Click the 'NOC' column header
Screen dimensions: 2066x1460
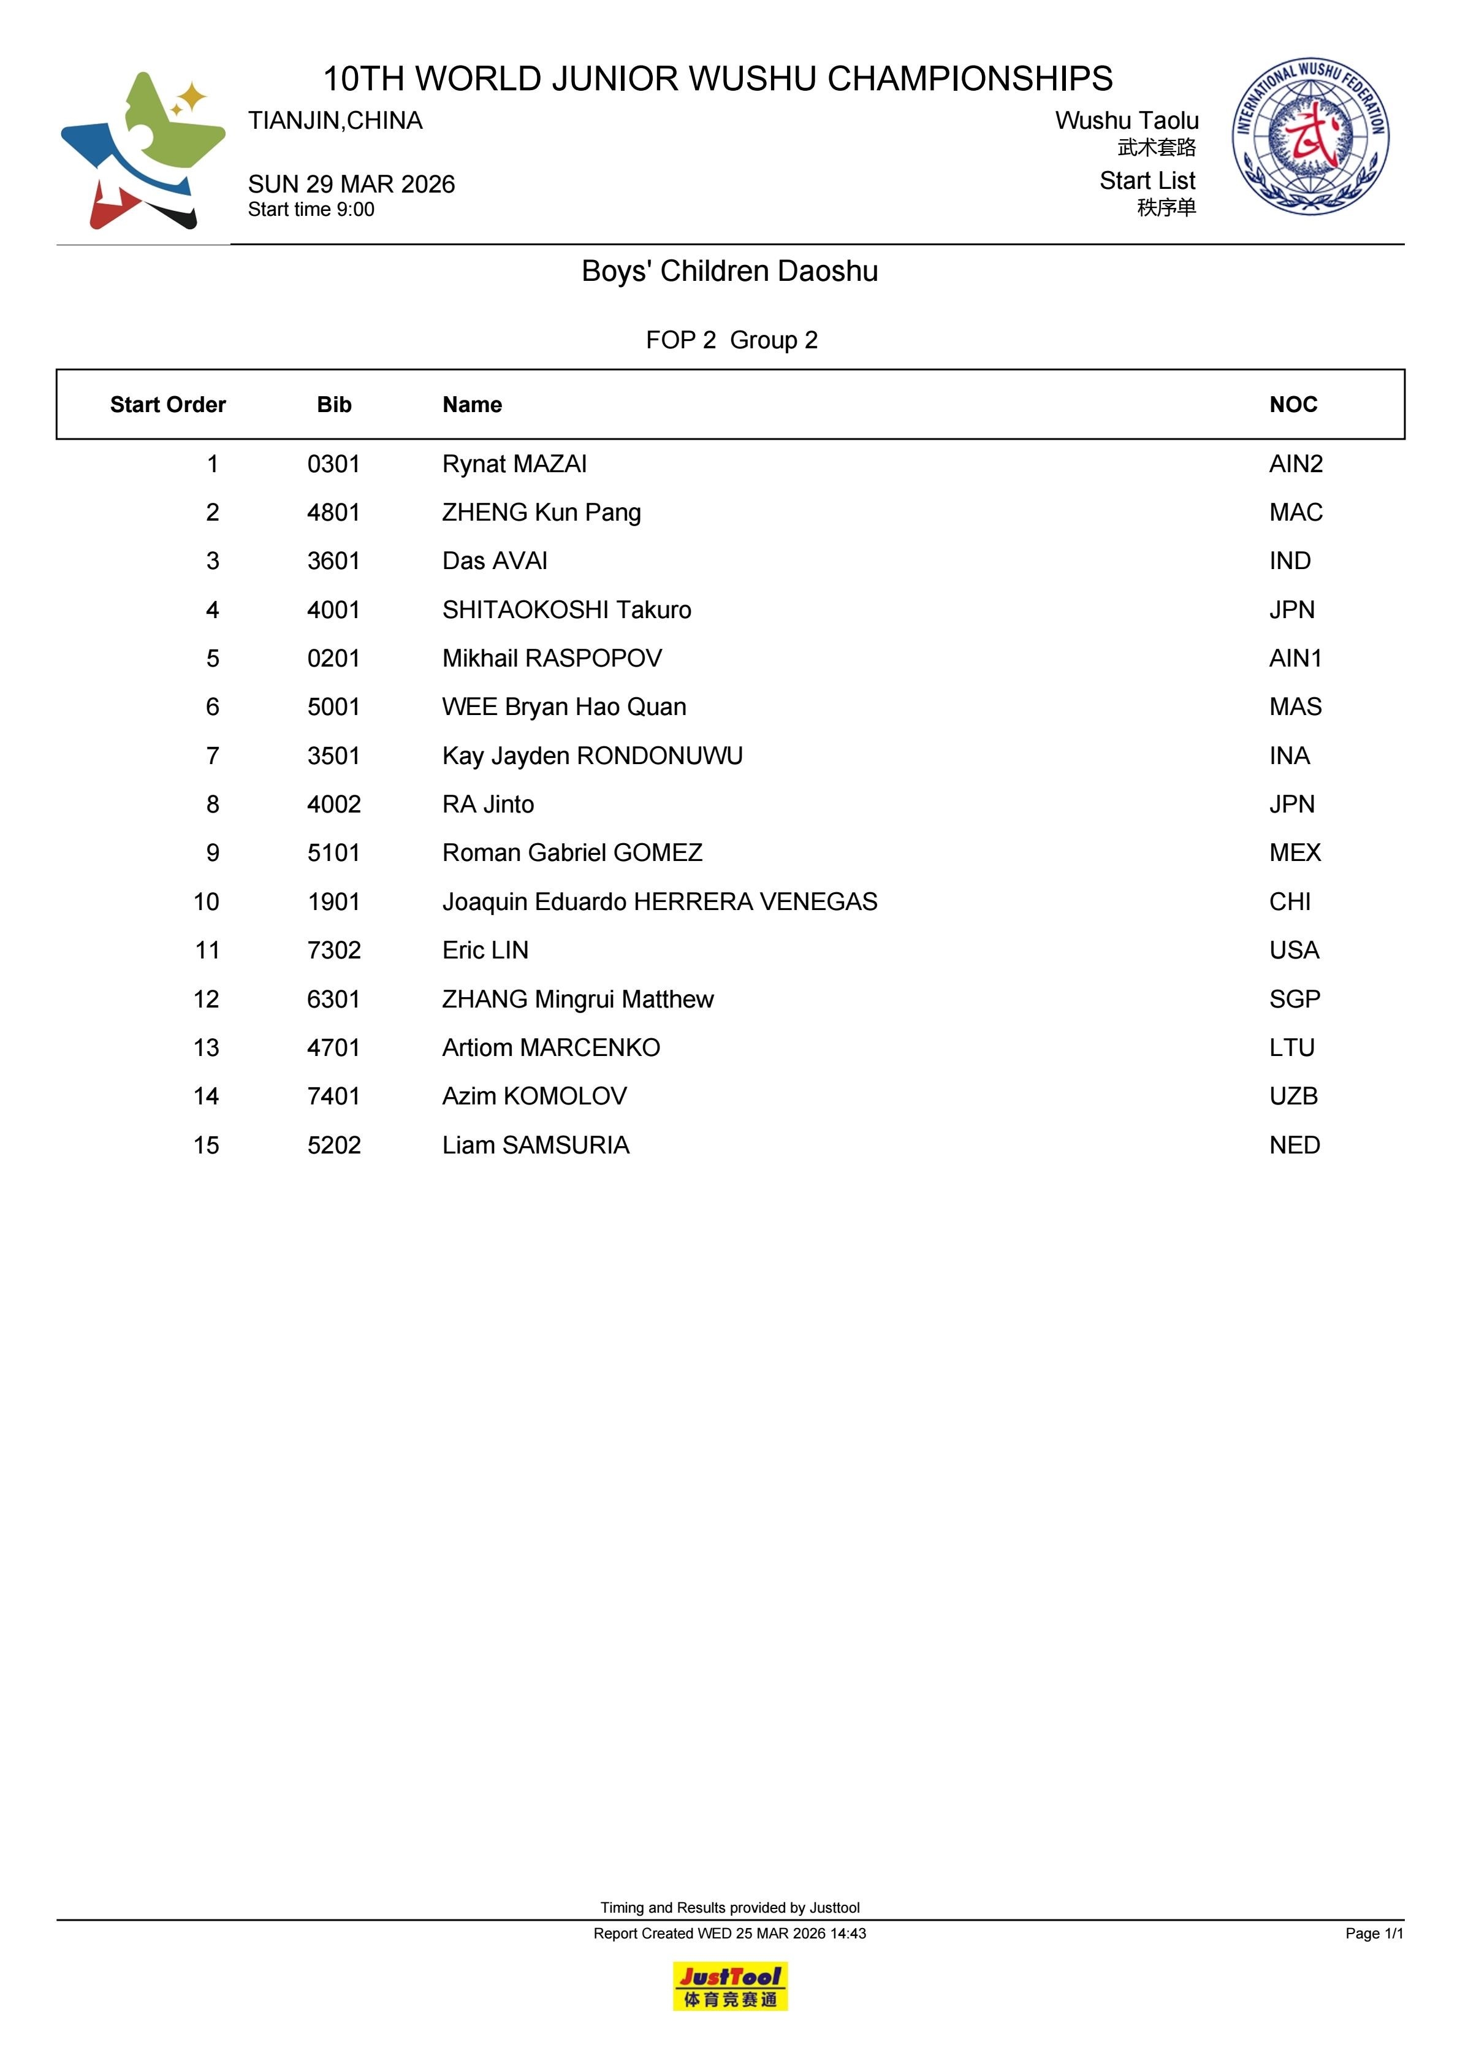(x=1293, y=405)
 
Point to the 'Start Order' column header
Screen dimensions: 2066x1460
(x=167, y=405)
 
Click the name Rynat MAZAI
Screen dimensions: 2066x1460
(x=514, y=464)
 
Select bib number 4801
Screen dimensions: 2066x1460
(x=333, y=513)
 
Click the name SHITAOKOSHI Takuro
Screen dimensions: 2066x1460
(x=567, y=610)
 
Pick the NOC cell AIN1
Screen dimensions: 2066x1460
(x=1295, y=659)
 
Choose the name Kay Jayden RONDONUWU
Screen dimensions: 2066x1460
(x=592, y=756)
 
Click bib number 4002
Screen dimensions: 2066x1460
(x=333, y=805)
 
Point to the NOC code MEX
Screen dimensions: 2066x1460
(x=1295, y=853)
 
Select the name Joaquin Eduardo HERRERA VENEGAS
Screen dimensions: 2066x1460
(x=660, y=901)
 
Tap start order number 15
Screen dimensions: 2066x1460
(x=206, y=1146)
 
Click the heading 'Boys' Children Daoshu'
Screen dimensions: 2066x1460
(x=729, y=271)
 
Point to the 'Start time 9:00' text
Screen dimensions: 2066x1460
(x=311, y=210)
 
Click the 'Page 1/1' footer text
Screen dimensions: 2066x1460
(x=1374, y=1934)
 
